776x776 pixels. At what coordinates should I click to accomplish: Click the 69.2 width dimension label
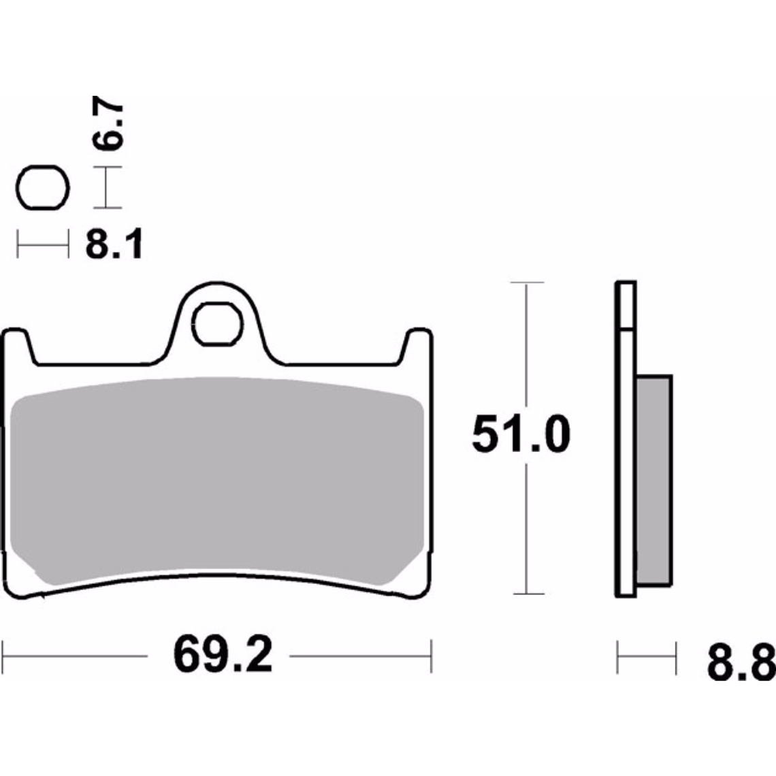point(223,655)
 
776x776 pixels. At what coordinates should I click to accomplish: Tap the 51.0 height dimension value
point(520,436)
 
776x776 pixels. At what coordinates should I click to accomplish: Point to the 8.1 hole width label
point(114,245)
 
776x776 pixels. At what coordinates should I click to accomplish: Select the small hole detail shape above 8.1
point(44,188)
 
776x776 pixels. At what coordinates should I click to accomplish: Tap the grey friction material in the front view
point(218,483)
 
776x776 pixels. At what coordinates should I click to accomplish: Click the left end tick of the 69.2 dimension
point(5,656)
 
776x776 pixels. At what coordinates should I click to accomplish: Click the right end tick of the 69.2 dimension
point(431,656)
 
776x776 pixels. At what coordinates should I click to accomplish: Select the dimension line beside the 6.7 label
point(106,188)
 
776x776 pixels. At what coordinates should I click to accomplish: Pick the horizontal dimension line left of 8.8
point(647,657)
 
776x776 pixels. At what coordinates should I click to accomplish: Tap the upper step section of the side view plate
point(626,305)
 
